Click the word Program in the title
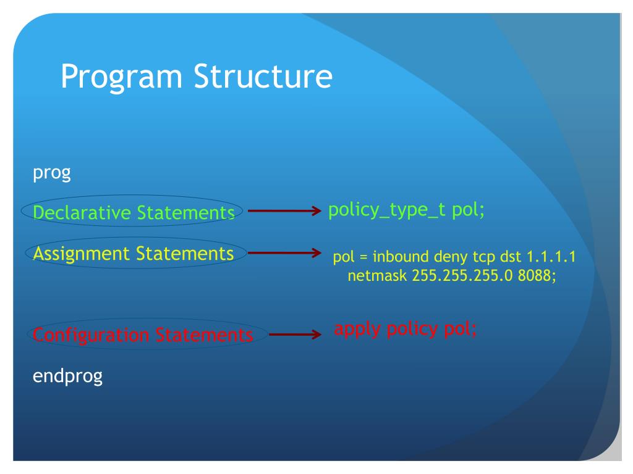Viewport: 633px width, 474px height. (122, 77)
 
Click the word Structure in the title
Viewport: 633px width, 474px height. (263, 76)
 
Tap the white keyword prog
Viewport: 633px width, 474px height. (52, 173)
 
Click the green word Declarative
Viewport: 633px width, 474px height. (82, 212)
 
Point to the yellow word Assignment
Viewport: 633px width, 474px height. (82, 254)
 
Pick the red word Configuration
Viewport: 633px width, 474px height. (91, 335)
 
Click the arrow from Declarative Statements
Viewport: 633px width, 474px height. (284, 210)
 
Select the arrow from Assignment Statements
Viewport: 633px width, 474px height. (284, 252)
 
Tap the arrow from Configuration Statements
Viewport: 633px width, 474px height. (295, 334)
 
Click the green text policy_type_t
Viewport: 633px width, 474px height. (387, 210)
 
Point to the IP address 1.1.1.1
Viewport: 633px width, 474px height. (551, 256)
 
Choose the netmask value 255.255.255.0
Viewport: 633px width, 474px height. (462, 276)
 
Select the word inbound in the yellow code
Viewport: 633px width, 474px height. (401, 256)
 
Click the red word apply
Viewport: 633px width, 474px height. (357, 330)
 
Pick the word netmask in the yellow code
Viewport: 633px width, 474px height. (377, 276)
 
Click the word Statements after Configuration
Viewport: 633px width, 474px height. (204, 335)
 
